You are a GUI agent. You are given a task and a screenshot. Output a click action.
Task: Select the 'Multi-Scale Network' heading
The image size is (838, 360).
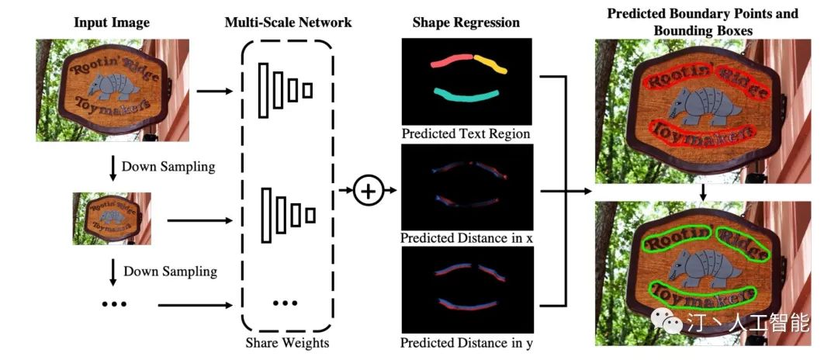(x=288, y=22)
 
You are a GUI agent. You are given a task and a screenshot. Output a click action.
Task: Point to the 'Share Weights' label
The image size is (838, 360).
(x=288, y=342)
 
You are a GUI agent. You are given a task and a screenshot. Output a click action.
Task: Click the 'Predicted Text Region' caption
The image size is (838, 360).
(x=467, y=134)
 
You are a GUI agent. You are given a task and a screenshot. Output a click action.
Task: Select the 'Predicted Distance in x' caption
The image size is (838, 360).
(x=467, y=237)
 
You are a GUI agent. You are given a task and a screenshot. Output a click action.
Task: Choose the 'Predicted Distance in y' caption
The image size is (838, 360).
(x=467, y=341)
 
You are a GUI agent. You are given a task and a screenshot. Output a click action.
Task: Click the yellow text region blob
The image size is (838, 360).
(x=492, y=64)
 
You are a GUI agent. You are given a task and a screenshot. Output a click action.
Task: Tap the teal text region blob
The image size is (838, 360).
(x=466, y=95)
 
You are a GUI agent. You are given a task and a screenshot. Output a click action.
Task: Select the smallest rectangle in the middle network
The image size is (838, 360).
(x=311, y=215)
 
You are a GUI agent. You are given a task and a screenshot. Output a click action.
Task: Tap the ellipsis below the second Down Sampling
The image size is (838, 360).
(x=114, y=303)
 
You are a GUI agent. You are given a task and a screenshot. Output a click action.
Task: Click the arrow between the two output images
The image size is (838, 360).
(x=702, y=192)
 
